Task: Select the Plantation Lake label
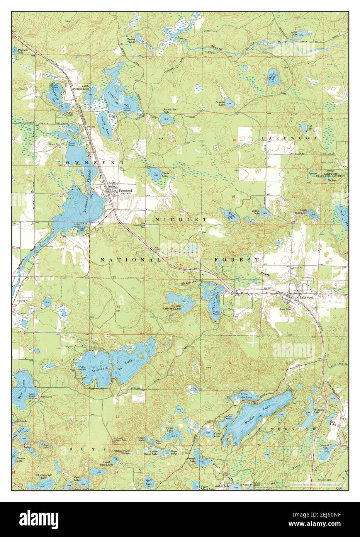(x=170, y=111)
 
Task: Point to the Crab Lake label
(x=309, y=127)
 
